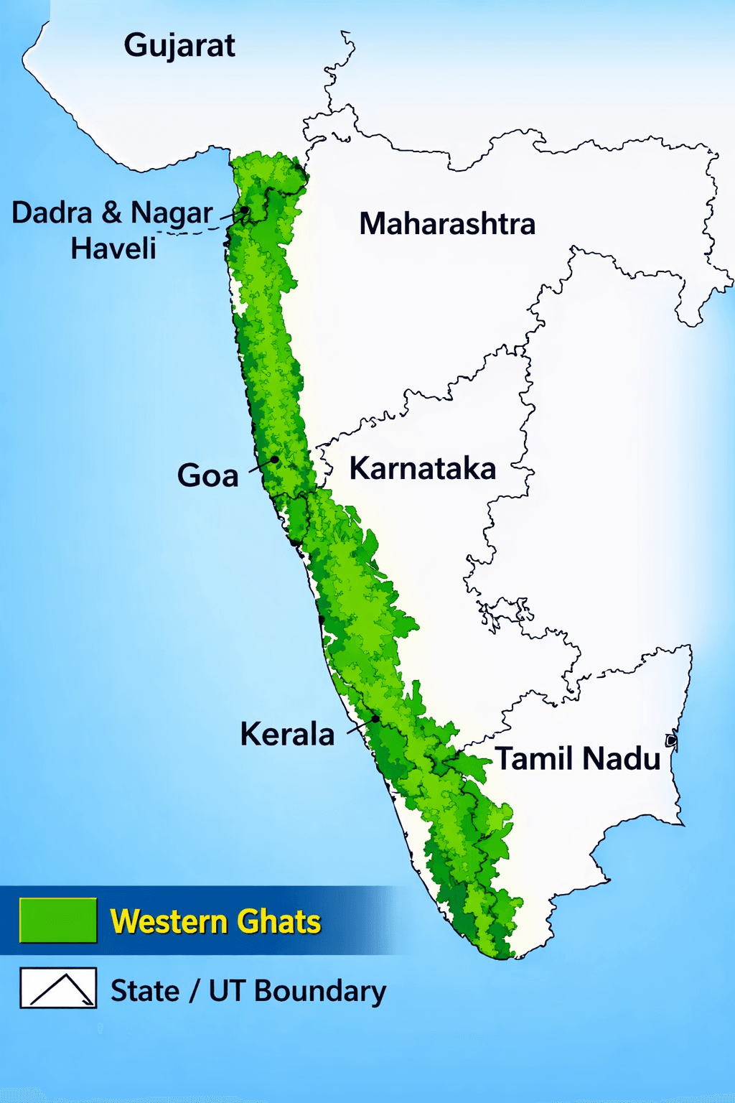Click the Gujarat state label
point(179,46)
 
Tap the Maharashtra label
point(447,224)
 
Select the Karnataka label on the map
point(423,468)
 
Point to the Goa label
point(208,475)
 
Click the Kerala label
point(287,734)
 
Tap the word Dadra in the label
point(52,213)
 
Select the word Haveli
point(113,248)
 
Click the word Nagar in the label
point(172,213)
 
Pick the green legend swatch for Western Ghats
point(58,920)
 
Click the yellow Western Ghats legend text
point(215,921)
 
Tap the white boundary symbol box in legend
point(58,988)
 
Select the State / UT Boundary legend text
point(248,991)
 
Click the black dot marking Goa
point(274,460)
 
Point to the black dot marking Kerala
point(375,718)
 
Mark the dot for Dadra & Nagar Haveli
point(245,210)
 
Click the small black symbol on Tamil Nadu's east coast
point(672,740)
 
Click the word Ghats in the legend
point(279,921)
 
